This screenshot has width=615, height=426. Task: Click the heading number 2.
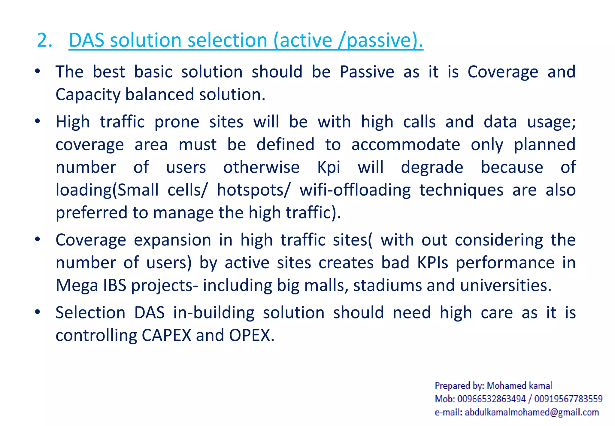(44, 40)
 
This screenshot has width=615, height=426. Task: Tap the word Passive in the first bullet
(367, 72)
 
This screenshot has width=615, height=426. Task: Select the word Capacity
(88, 95)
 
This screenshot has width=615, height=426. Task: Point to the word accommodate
(405, 145)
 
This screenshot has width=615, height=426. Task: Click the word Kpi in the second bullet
(329, 168)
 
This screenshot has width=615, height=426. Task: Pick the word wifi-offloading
(355, 190)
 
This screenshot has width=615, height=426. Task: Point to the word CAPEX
(166, 335)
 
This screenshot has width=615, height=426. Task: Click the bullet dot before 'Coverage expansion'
(38, 239)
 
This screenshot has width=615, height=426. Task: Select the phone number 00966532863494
(492, 399)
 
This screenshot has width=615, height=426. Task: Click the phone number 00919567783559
(568, 399)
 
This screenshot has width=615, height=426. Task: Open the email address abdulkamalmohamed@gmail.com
(532, 412)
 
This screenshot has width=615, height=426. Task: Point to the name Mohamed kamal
(520, 386)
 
